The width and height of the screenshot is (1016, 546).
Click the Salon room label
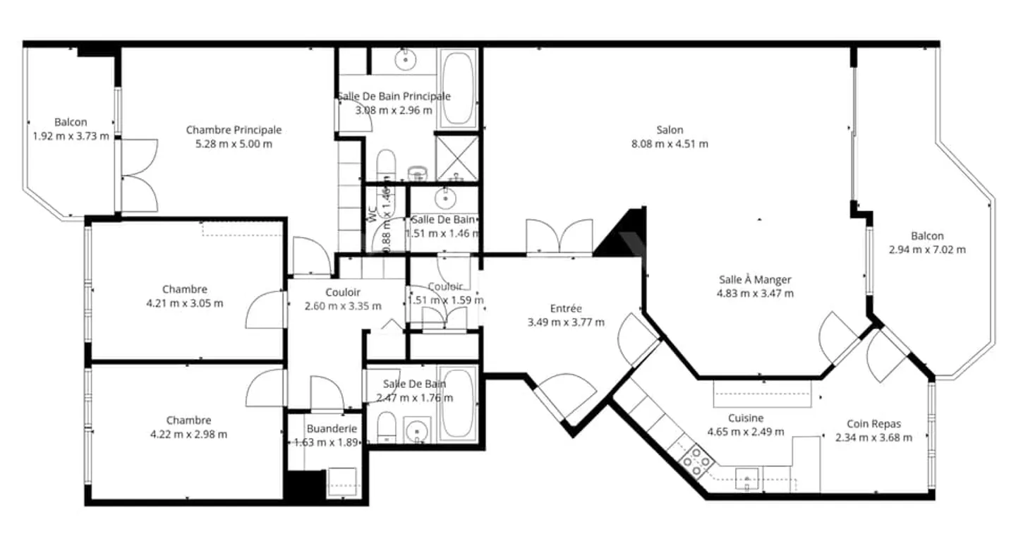click(x=670, y=130)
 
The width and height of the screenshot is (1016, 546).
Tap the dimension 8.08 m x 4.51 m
click(x=670, y=144)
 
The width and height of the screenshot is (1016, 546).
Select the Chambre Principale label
click(x=234, y=130)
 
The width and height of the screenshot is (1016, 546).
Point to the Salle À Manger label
click(x=755, y=279)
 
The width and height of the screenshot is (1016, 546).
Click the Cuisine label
click(x=746, y=418)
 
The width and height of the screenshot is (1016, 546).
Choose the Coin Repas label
click(x=873, y=424)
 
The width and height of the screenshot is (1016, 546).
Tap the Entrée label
click(x=566, y=308)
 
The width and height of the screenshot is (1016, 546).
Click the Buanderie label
click(x=332, y=429)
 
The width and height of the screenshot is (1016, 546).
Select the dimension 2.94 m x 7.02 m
click(x=927, y=250)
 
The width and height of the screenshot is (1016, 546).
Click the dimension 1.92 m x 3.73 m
click(x=71, y=136)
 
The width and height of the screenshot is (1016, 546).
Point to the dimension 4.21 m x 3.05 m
click(x=185, y=303)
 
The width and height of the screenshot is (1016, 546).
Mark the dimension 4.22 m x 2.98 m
click(x=188, y=435)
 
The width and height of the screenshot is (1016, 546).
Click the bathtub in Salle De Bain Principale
click(x=458, y=90)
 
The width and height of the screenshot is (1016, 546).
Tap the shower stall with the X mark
click(x=456, y=158)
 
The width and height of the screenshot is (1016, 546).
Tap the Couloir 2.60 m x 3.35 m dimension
click(x=343, y=306)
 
